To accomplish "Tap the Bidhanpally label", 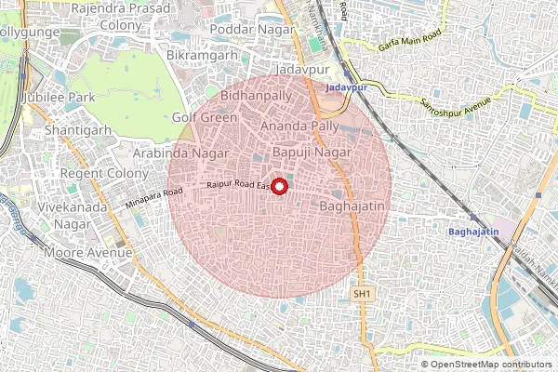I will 256,95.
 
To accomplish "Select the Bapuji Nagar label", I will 312,151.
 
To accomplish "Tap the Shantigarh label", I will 79,130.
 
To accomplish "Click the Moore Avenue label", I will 85,252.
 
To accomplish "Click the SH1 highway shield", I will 363,294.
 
